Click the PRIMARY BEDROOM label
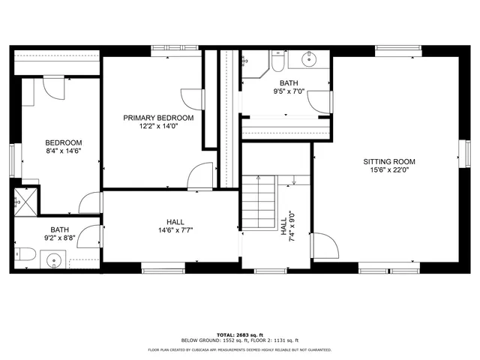[x=158, y=118]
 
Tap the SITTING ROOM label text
[x=388, y=161]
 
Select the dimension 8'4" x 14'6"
[x=63, y=151]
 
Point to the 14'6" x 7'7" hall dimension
[x=175, y=231]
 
